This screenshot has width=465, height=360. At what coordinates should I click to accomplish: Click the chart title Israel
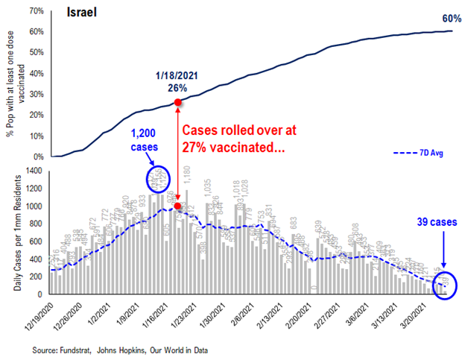tap(81, 13)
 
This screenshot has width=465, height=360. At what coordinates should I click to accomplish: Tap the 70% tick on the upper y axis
tap(36, 11)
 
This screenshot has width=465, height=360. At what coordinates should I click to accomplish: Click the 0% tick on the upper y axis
tap(38, 157)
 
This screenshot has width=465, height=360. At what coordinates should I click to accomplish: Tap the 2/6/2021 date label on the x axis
tap(246, 313)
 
